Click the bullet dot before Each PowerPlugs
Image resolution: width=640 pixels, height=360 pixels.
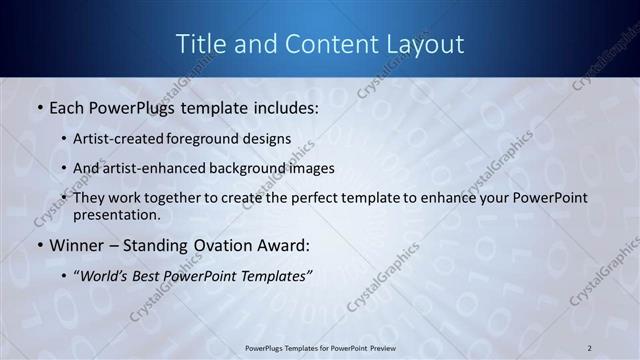click(38, 107)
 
